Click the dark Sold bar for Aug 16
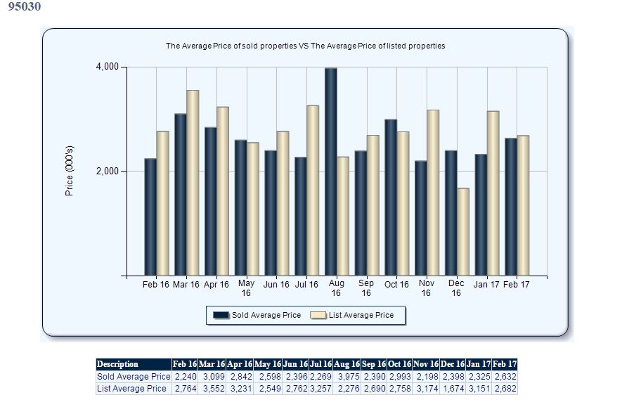tap(330, 172)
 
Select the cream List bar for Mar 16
tap(193, 183)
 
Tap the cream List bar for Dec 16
tap(462, 232)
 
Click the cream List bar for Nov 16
tap(433, 193)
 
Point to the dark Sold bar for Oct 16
tap(391, 198)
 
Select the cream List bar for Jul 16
tap(313, 190)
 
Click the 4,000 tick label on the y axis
tap(108, 67)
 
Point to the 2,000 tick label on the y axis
tap(108, 172)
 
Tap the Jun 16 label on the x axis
tap(276, 285)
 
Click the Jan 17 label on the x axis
tap(486, 285)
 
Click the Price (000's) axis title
tap(69, 172)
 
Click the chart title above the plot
tap(305, 46)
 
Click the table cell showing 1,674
tap(452, 389)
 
